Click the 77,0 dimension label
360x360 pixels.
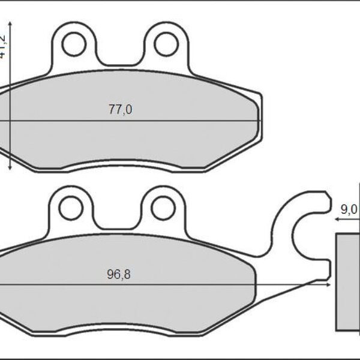tap(120, 109)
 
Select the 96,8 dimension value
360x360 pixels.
tap(119, 275)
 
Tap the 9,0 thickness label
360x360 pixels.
tap(349, 209)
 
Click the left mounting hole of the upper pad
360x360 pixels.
tap(75, 43)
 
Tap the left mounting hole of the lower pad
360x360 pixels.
tap(71, 208)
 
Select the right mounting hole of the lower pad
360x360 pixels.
tap(162, 208)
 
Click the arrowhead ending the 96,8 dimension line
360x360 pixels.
tap(329, 284)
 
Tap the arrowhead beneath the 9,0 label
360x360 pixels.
tap(338, 220)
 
